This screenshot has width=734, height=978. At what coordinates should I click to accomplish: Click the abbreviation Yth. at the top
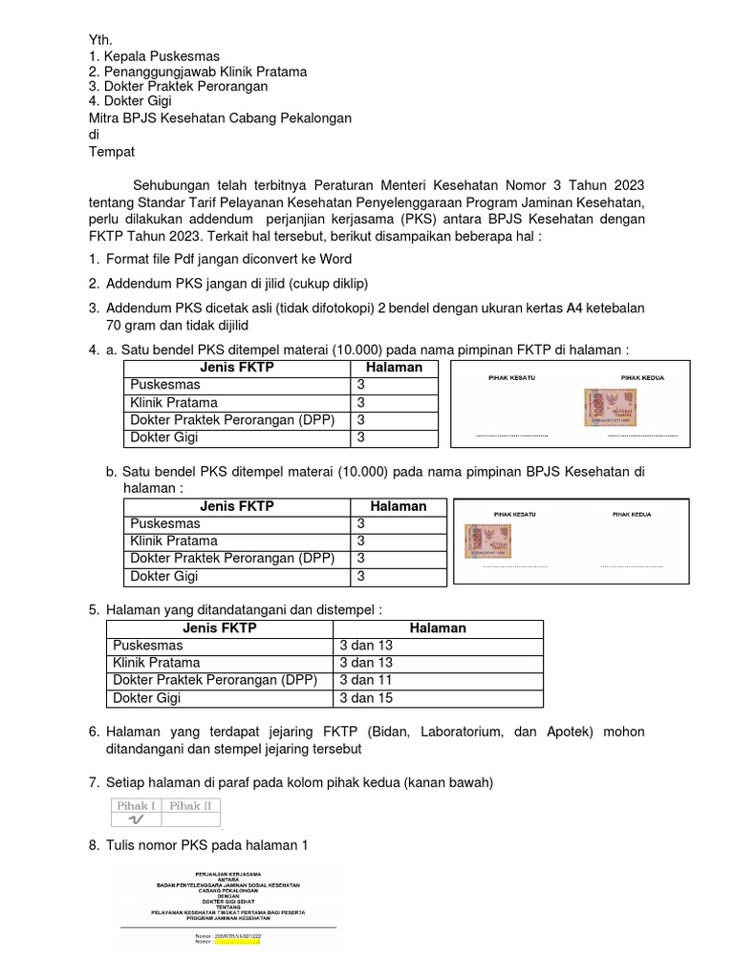[100, 40]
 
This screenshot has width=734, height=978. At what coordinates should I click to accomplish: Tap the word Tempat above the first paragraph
[112, 151]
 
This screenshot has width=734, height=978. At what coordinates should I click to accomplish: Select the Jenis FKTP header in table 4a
[236, 368]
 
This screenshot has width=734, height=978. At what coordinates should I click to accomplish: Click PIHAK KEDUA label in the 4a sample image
[642, 378]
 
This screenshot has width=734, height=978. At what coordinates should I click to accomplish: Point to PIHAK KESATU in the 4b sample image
[514, 514]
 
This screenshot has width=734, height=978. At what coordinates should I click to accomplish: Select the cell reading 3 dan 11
[366, 680]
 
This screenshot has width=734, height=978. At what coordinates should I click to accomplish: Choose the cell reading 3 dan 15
[366, 698]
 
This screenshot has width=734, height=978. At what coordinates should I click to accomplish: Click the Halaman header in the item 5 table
[438, 627]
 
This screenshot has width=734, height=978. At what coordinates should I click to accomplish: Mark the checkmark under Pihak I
[137, 819]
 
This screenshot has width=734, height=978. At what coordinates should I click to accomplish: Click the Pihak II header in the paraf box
[191, 805]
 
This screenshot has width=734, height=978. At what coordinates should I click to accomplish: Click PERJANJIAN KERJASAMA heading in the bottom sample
[227, 873]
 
